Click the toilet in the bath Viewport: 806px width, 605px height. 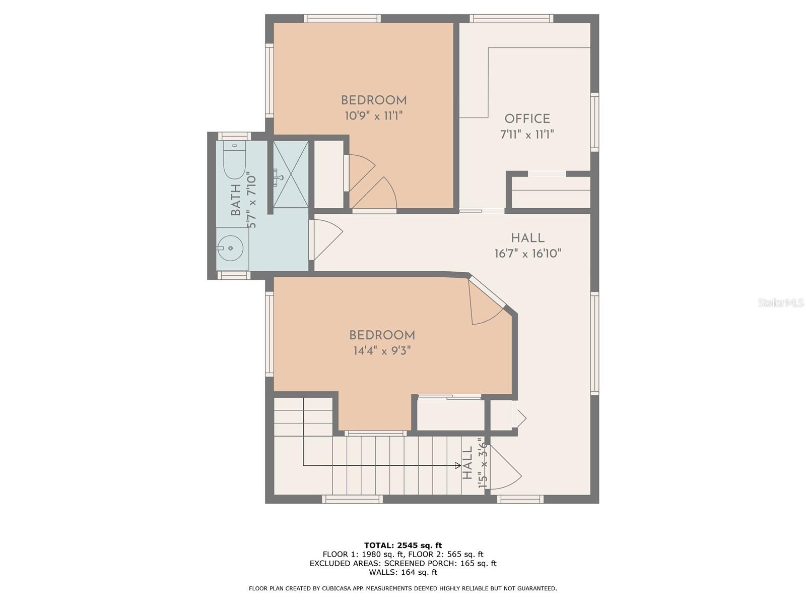click(234, 160)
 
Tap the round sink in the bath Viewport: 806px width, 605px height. click(230, 248)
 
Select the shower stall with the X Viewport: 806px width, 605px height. click(291, 174)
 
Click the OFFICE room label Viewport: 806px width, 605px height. click(527, 119)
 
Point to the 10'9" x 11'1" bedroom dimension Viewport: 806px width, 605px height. click(373, 116)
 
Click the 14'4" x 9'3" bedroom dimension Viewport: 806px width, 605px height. click(382, 351)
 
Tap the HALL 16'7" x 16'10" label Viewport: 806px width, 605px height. click(527, 246)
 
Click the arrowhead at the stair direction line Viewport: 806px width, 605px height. click(457, 465)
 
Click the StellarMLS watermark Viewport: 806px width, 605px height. click(780, 303)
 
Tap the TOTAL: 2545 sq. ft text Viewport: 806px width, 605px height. click(402, 545)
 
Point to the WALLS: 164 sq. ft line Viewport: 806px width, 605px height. click(402, 572)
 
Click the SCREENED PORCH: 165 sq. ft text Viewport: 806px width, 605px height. click(440, 563)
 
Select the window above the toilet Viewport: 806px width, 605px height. click(234, 136)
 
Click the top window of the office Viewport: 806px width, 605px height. click(511, 19)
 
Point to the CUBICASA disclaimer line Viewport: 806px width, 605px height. click(402, 588)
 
